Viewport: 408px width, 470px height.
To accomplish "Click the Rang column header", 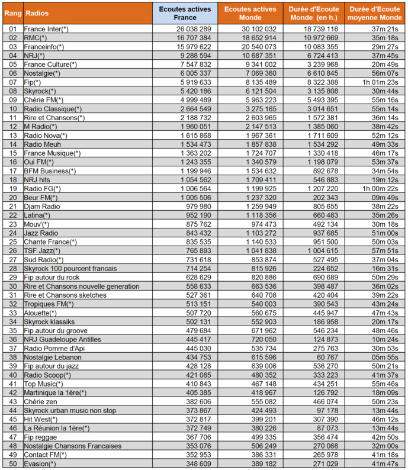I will (x=13, y=12).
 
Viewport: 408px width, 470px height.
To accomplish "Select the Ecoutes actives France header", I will (x=185, y=12).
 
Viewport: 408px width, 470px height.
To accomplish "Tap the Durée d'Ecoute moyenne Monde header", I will (x=375, y=12).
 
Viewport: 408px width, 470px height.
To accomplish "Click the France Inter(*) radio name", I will (x=46, y=28).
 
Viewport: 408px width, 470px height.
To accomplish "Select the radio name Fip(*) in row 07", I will (x=33, y=82).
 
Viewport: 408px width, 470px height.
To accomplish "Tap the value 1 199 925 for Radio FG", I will (x=256, y=188).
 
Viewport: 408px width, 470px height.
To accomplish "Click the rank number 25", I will (x=13, y=242).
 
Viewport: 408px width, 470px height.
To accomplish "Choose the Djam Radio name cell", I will (x=41, y=206).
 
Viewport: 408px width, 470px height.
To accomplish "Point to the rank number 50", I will (x=13, y=463).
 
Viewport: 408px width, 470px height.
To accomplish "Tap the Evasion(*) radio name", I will (x=40, y=463).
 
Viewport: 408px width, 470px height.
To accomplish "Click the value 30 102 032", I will (x=256, y=28).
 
